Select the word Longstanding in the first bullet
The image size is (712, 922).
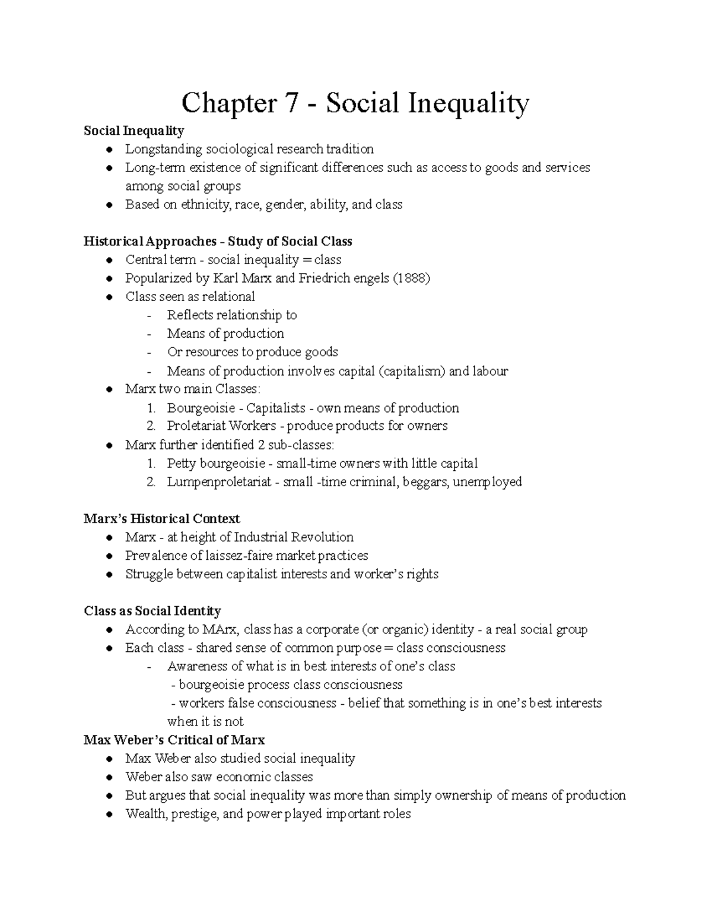point(163,149)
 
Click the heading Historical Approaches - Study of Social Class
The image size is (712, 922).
point(218,242)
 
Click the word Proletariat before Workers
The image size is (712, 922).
point(196,426)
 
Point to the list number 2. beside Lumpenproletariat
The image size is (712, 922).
point(151,482)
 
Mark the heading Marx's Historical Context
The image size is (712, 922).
point(161,519)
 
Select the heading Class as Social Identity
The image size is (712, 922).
point(152,611)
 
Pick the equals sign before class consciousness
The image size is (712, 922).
point(389,648)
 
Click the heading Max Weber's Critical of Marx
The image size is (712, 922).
point(174,740)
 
